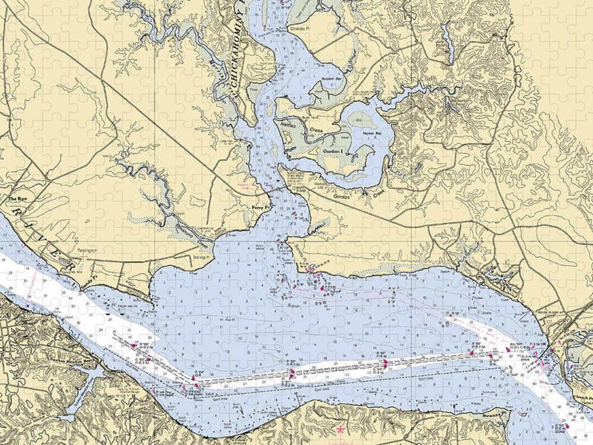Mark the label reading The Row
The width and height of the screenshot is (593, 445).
15,199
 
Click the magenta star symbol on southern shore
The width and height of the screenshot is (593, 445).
340,428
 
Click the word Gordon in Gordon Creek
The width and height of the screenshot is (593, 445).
340,196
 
